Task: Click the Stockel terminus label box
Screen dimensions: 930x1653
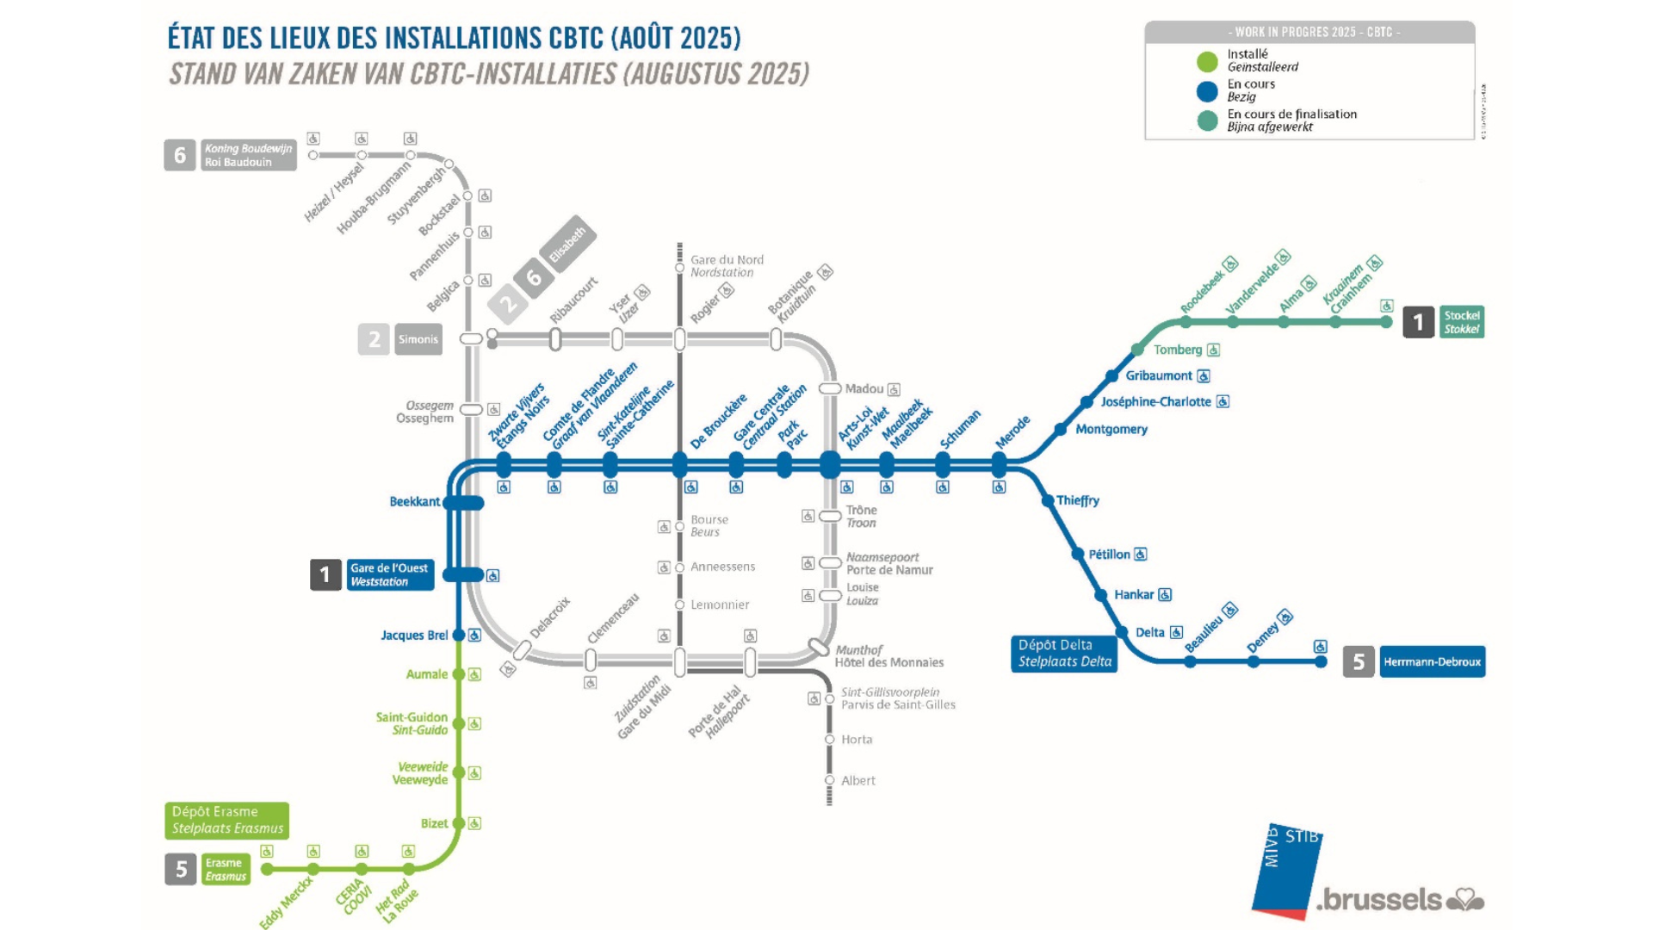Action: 1461,322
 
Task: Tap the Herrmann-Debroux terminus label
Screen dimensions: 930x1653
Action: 1432,661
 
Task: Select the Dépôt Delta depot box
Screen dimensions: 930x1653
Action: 1064,654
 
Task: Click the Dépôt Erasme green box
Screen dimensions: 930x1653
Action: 226,820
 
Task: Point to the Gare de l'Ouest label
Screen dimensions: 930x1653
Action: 390,574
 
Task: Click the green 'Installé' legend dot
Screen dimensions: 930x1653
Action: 1207,61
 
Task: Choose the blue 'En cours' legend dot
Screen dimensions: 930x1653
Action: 1207,91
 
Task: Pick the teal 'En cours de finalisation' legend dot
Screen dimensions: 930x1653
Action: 1207,121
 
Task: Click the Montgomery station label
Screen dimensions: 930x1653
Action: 1111,429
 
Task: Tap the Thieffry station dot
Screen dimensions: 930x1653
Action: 1048,500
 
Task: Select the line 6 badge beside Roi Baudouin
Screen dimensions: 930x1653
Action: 180,155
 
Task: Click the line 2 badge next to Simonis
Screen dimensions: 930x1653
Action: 374,339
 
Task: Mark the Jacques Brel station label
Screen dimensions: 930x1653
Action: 414,635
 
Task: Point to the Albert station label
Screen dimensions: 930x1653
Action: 857,781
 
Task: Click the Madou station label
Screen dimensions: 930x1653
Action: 864,389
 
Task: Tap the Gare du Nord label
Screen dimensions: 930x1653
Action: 726,266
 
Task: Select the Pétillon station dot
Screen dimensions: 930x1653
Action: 1077,554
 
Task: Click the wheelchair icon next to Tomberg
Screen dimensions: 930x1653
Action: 1213,350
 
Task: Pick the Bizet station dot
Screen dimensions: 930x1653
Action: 459,823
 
